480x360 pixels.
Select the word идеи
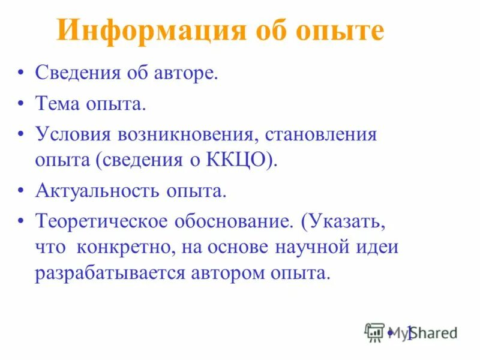point(383,247)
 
